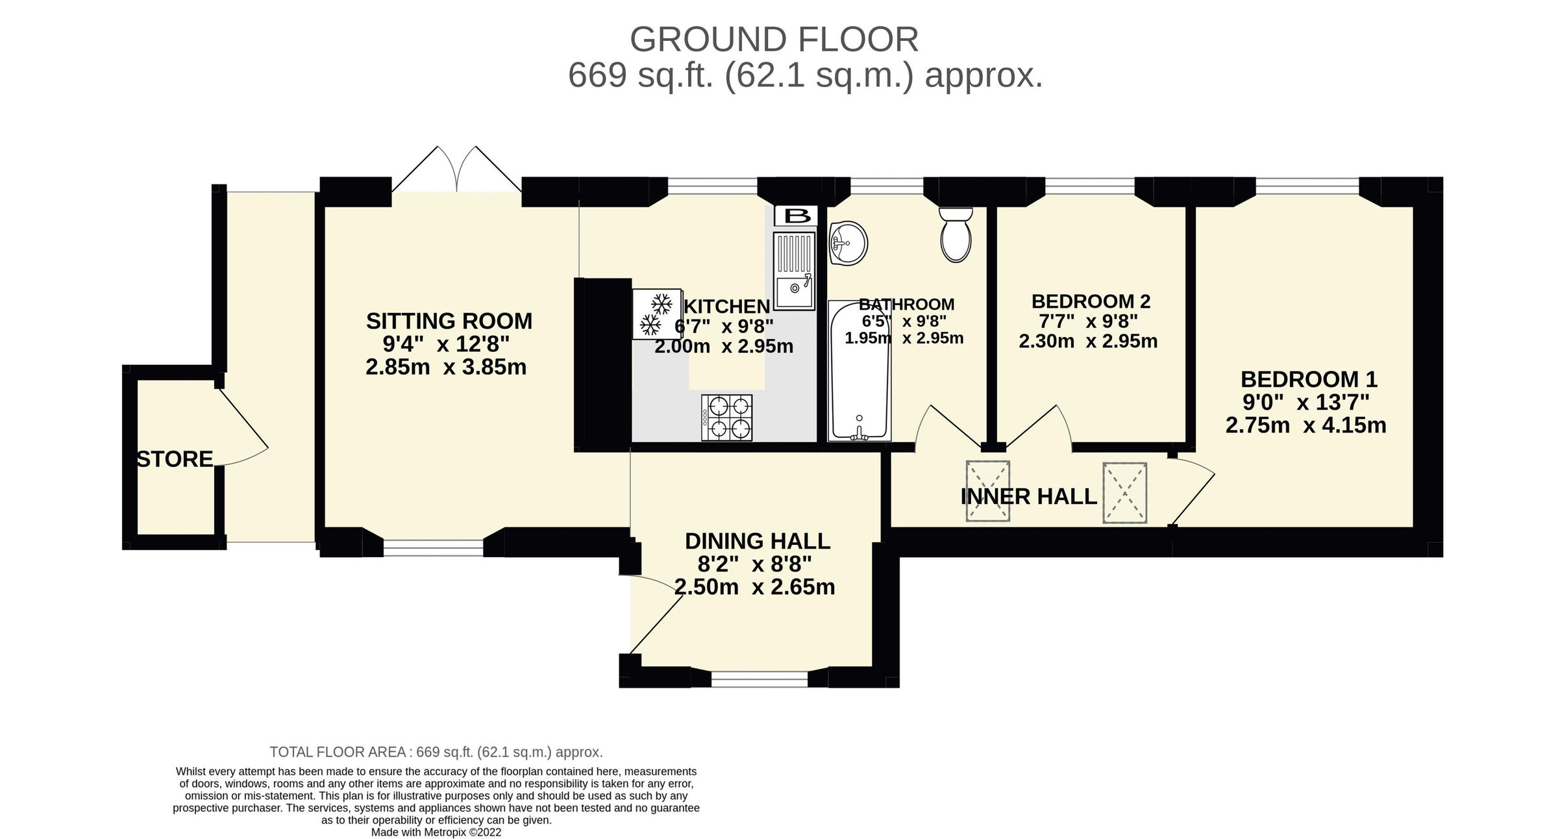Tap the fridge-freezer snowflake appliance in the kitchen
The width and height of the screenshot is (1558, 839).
coord(656,314)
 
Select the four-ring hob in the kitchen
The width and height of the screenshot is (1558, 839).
coord(727,418)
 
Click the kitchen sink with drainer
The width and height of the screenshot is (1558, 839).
coord(794,271)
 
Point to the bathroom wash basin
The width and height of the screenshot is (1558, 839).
coord(848,244)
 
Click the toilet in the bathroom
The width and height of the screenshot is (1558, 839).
coord(956,235)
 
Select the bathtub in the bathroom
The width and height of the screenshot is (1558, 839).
coord(859,370)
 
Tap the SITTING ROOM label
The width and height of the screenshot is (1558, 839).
coord(449,321)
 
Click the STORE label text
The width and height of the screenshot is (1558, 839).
coord(174,460)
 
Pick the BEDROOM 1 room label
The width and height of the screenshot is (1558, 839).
coord(1308,379)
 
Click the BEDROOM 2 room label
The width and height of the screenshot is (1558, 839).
coord(1091,301)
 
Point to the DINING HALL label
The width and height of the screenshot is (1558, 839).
coord(757,541)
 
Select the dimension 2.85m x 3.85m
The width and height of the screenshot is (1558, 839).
coord(445,368)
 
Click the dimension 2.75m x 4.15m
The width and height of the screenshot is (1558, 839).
coord(1305,426)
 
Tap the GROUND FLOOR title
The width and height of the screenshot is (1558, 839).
coord(774,40)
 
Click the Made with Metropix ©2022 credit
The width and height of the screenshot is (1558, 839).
coord(436,833)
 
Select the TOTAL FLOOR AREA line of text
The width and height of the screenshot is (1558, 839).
coord(436,752)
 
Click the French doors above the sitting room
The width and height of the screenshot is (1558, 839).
coord(457,170)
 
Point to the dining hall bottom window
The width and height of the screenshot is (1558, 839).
coord(759,679)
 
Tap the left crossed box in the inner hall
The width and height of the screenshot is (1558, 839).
coord(987,491)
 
